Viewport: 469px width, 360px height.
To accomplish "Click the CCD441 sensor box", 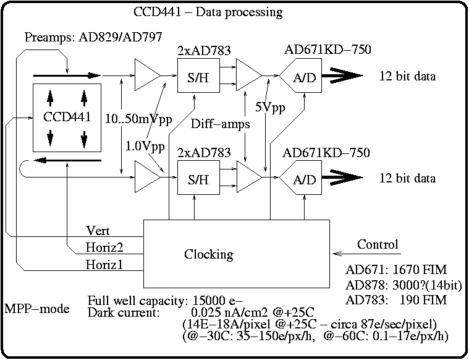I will (x=67, y=118).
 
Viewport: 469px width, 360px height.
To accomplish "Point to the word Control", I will (x=378, y=244).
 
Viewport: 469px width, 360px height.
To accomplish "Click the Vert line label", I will (x=98, y=231).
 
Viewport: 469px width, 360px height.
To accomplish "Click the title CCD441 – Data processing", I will (x=208, y=12).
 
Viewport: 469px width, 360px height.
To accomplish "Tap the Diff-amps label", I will (x=220, y=124).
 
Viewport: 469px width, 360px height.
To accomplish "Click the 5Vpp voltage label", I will (x=270, y=107).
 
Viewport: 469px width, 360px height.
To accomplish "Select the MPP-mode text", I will (x=36, y=308).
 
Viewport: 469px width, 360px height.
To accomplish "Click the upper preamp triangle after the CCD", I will (x=146, y=76).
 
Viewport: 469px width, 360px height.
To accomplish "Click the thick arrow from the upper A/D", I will (x=340, y=76).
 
